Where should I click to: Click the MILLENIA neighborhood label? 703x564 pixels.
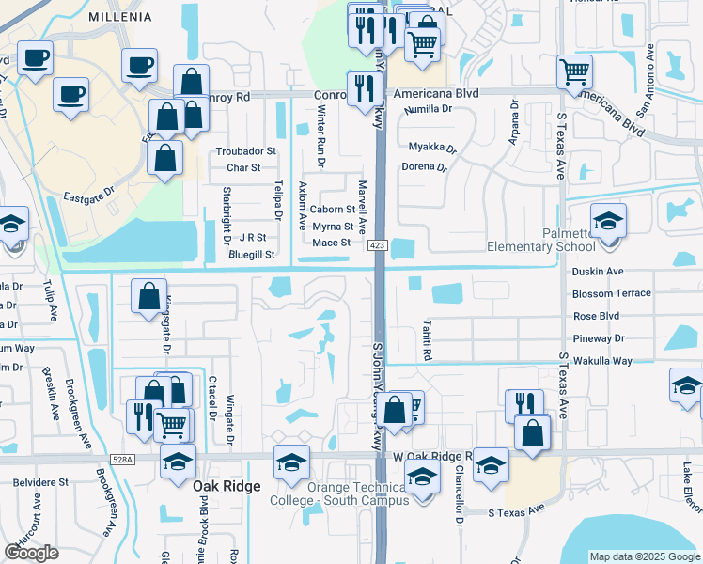(119, 17)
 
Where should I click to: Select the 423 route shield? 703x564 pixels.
(376, 245)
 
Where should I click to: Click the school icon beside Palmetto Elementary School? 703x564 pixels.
(608, 222)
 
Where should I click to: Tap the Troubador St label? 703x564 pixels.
(245, 150)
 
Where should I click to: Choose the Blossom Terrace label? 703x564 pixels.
(611, 293)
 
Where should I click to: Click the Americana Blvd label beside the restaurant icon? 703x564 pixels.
(436, 94)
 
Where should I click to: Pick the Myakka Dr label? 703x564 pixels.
(431, 148)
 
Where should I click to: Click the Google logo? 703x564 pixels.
(32, 553)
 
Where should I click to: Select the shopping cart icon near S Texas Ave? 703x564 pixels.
(573, 71)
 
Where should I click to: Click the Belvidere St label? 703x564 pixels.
(41, 481)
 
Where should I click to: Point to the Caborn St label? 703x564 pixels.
(333, 210)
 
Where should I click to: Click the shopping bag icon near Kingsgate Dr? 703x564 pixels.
(148, 296)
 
